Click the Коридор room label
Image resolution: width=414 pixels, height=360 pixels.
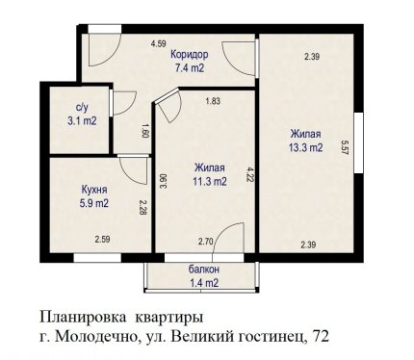189,55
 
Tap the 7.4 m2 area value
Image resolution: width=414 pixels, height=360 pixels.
190,68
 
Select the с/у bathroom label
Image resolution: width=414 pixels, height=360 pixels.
82,108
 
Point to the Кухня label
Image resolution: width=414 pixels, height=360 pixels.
94,190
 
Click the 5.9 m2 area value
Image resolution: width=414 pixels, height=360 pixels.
93,203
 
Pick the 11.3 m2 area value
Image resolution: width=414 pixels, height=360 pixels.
210,182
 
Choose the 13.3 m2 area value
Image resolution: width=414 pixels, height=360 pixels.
305,147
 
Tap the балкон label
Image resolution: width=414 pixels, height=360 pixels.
204,270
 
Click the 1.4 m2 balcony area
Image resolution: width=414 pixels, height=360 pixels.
204,283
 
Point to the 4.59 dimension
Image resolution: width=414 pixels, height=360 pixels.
159,43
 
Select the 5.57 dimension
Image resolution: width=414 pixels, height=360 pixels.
345,147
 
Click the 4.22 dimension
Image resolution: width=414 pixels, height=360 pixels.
249,174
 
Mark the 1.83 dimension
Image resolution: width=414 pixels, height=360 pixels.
213,101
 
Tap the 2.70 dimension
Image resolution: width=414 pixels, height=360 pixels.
206,242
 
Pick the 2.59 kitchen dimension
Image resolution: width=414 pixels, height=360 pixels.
102,240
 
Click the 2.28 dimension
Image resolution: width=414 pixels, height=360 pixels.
142,207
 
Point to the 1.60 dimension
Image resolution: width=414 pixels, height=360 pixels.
145,131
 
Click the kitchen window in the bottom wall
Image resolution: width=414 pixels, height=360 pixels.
97,258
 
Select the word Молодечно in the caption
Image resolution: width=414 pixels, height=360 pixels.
91,337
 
